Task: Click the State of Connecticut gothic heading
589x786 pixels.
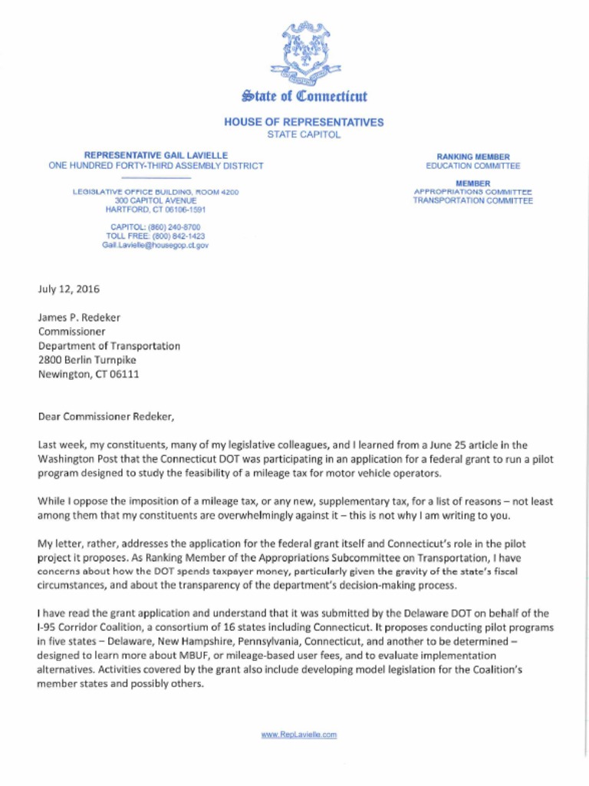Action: (304, 97)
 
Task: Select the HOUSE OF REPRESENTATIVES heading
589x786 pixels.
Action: (304, 122)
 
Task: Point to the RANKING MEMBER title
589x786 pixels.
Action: (472, 157)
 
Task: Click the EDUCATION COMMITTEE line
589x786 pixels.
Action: (472, 166)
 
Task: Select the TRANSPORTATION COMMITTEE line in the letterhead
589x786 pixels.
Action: (472, 200)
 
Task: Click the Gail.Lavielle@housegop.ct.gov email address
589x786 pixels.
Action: (156, 245)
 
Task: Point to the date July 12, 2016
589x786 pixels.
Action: (68, 289)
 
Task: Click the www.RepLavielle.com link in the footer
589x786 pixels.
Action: (299, 735)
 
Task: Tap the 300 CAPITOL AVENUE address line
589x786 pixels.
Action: (156, 200)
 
